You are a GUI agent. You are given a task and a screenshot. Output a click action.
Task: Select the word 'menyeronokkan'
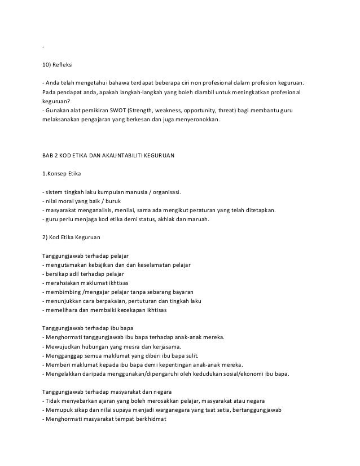tap(197, 120)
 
